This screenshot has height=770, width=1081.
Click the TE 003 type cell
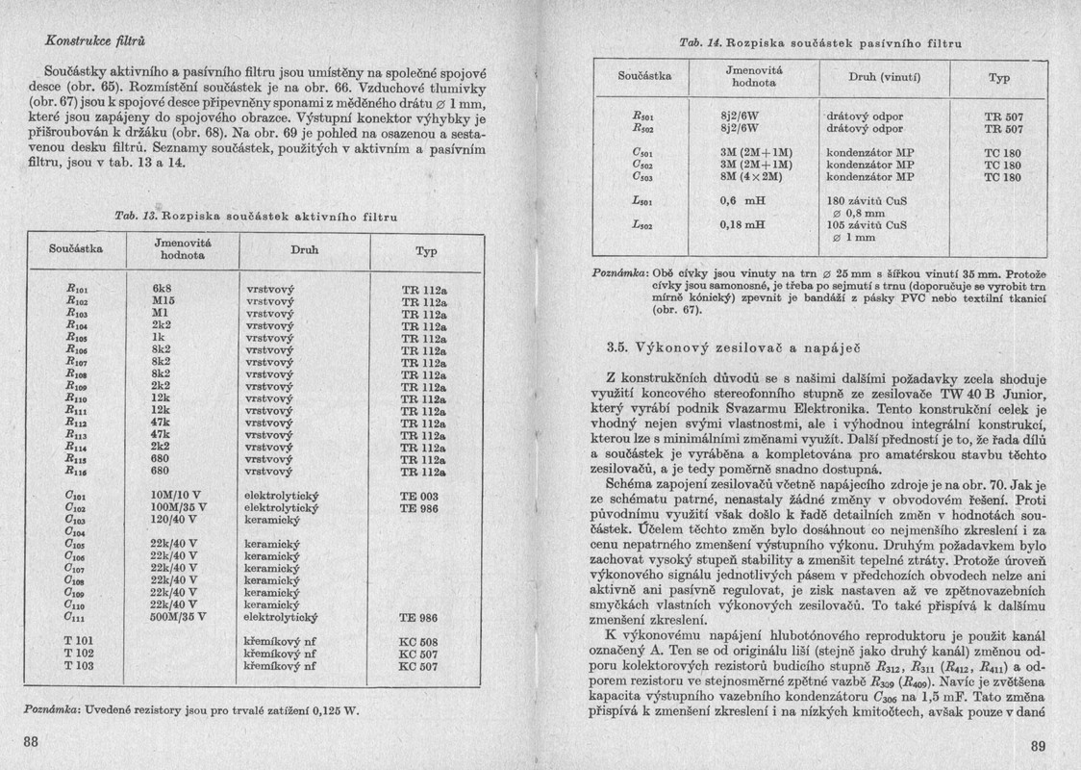point(418,496)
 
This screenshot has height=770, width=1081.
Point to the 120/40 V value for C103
point(173,518)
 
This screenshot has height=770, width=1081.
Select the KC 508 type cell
point(418,641)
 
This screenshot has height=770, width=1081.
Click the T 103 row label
point(79,665)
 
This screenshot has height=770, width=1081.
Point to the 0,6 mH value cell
point(742,201)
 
